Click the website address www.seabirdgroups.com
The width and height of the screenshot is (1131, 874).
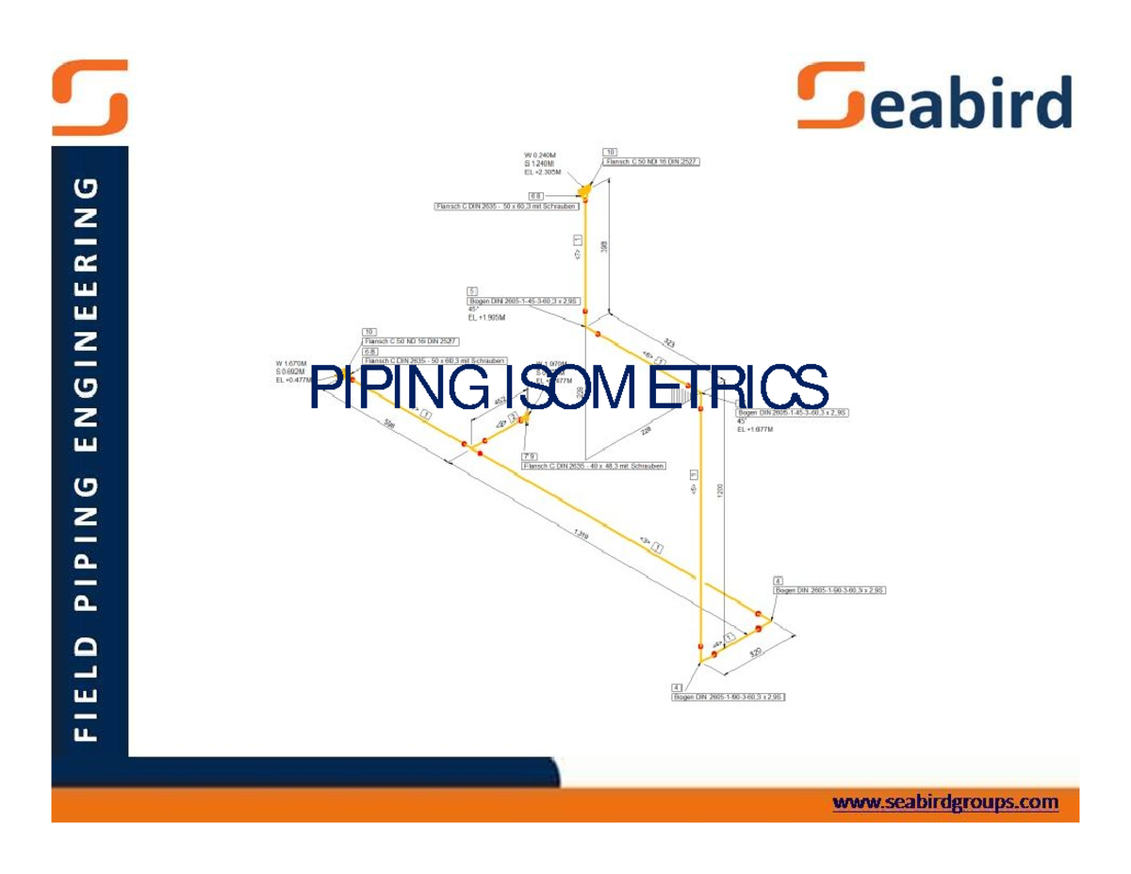coord(945,802)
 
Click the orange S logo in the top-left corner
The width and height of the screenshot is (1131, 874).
coord(90,97)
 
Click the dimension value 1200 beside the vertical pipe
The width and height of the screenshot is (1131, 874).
coord(721,490)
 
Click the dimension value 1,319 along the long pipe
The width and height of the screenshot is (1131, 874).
coord(582,535)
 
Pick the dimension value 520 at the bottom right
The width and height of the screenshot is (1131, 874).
coord(755,652)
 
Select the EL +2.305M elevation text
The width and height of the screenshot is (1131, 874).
coord(543,173)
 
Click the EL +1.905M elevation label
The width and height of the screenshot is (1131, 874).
coord(487,318)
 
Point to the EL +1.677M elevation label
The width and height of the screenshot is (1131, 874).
coord(755,429)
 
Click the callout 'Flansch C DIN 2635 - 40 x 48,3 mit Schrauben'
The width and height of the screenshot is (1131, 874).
coord(594,466)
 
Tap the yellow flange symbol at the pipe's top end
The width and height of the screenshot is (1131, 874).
coord(585,190)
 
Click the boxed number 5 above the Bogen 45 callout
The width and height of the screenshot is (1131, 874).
coord(472,290)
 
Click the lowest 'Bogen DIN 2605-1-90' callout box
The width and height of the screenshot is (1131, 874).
coord(729,697)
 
